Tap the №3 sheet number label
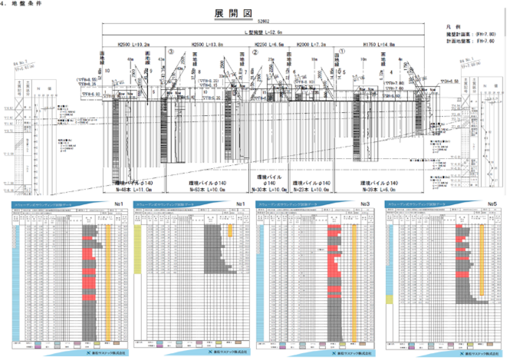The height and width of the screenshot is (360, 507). pyautogui.click(x=367, y=203)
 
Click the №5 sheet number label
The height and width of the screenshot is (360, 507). pyautogui.click(x=492, y=203)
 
